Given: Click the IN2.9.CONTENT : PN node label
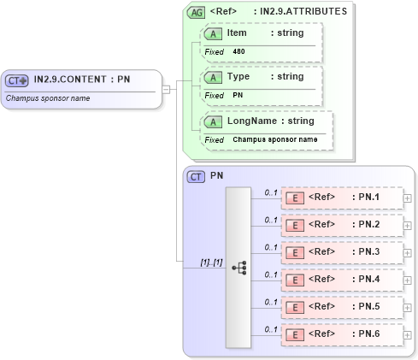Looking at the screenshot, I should point(81,80).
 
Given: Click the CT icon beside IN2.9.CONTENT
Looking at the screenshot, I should point(17,80).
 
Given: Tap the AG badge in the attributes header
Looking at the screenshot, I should point(196,12).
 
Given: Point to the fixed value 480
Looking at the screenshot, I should point(239,51).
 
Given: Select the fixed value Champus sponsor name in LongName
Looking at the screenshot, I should point(274,139).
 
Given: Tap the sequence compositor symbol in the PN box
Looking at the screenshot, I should point(238,267).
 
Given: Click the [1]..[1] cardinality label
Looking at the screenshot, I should point(211,262).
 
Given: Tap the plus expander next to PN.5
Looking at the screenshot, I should point(407,307).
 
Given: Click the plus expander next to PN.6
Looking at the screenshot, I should point(407,334).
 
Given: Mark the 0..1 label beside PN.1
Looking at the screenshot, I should point(271,192).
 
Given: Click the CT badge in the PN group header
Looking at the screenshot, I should point(196,176).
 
